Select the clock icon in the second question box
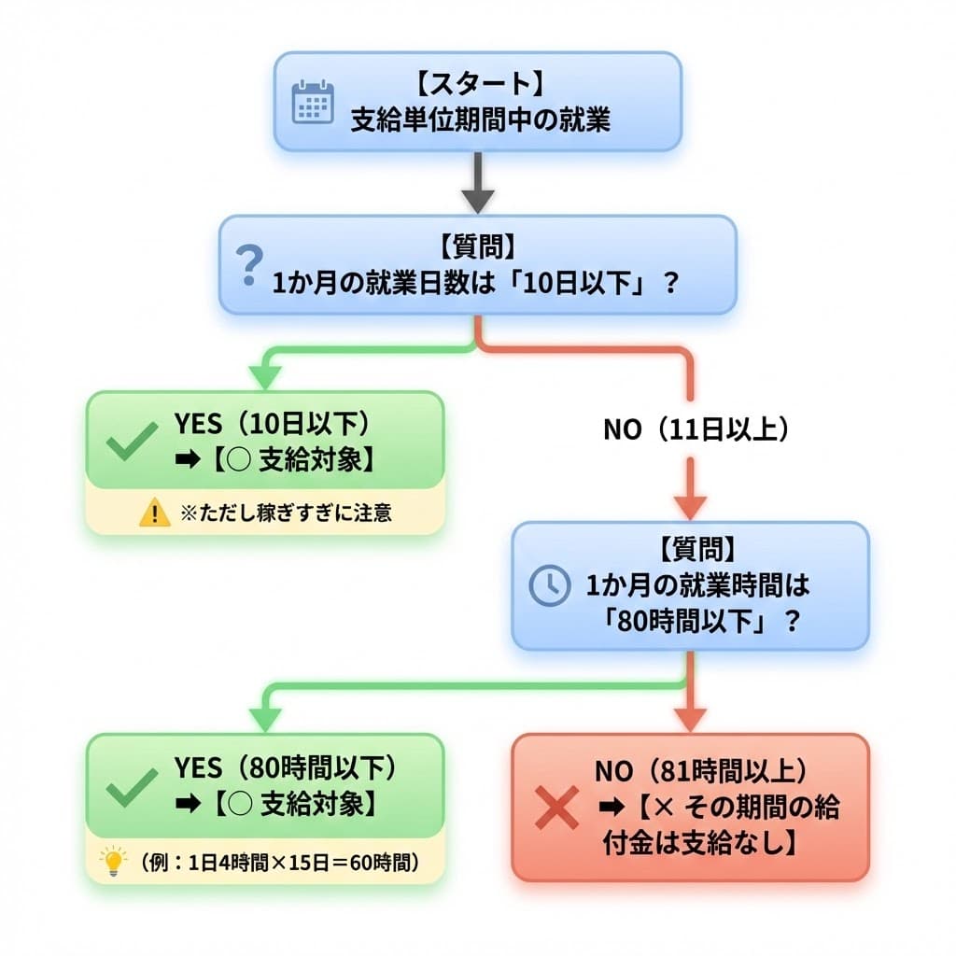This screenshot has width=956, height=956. click(x=549, y=585)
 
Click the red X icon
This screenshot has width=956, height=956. click(x=556, y=807)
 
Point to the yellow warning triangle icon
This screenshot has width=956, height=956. click(x=154, y=513)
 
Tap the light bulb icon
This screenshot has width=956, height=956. click(x=114, y=861)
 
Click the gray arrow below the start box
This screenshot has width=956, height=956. click(x=477, y=187)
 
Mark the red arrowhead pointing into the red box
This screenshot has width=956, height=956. click(x=691, y=720)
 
